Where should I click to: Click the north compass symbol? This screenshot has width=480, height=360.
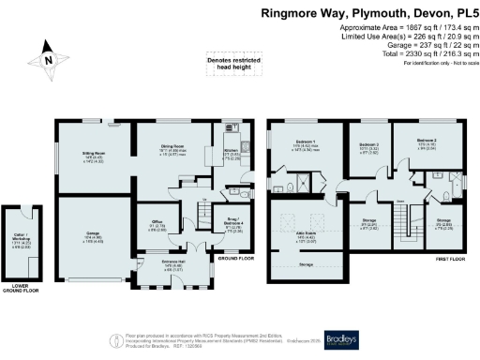click(x=49, y=59)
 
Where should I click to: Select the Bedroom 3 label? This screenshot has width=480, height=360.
click(x=368, y=145)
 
